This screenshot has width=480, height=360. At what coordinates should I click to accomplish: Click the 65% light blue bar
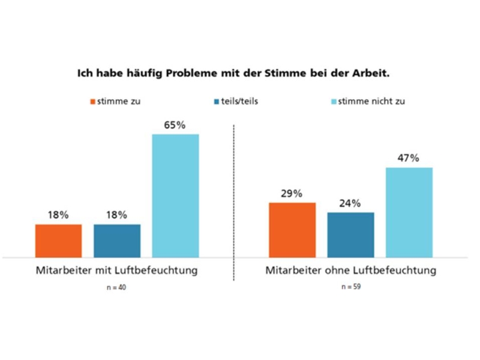175,196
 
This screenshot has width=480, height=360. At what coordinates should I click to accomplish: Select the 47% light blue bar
409,212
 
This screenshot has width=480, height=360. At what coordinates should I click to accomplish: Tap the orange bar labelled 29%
292,230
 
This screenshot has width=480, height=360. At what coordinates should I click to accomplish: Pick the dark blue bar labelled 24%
350,235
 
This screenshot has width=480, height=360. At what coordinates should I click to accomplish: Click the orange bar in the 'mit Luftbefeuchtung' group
58,241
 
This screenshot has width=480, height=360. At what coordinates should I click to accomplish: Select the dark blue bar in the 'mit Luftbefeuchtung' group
117,241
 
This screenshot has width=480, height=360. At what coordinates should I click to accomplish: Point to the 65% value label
175,125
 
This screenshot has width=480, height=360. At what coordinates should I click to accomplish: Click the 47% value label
409,159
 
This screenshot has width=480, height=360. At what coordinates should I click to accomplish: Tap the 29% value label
292,194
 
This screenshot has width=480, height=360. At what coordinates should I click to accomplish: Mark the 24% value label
350,203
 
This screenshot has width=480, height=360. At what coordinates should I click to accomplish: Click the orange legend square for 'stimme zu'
92,101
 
